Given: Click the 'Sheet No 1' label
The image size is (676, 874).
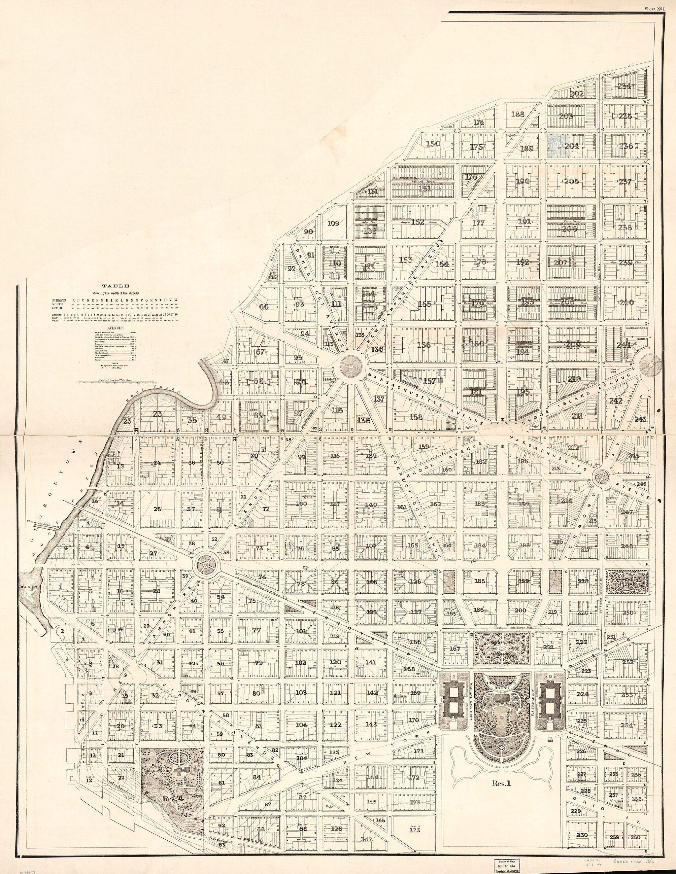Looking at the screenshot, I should point(654,8).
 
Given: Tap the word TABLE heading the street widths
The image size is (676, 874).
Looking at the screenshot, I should point(115,286).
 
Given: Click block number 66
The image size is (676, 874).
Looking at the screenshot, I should point(264,307).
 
